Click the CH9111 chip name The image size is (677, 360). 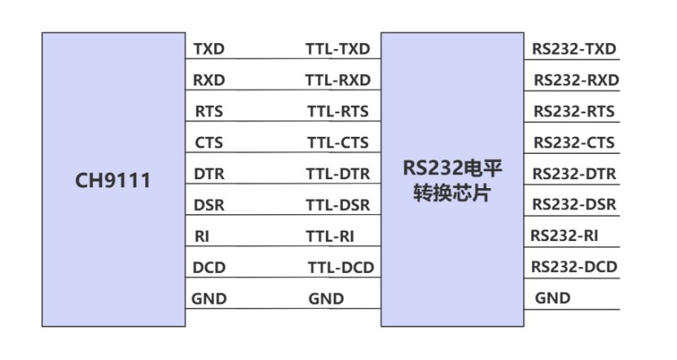[113, 180]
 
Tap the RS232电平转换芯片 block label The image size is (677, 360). [452, 182]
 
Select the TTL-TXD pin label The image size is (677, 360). [337, 49]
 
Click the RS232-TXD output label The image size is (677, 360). [574, 49]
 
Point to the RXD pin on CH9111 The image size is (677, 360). [209, 80]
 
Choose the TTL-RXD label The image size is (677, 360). [337, 80]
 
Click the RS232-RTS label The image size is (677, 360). [574, 111]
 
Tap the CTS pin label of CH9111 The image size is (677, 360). [209, 143]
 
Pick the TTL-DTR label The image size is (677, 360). [337, 173]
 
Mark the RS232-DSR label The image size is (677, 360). [574, 204]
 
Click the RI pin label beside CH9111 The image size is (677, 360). [202, 236]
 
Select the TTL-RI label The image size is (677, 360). [331, 236]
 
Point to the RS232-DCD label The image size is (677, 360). [574, 267]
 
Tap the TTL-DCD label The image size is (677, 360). [340, 267]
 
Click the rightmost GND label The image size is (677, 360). [552, 298]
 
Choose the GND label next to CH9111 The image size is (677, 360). [209, 299]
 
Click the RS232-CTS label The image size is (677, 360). [574, 143]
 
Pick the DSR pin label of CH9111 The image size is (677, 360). [209, 204]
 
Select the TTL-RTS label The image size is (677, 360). [337, 111]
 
